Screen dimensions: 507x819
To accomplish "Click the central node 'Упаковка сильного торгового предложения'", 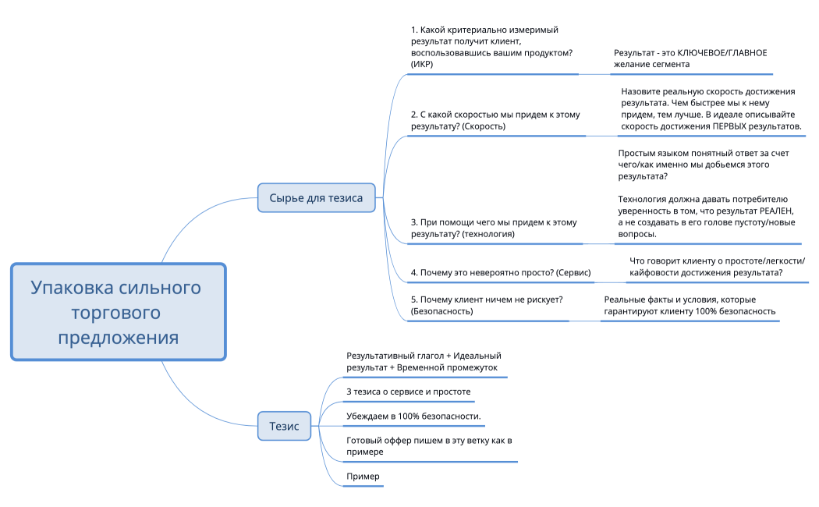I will [117, 312].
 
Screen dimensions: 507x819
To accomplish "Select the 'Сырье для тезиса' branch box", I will [316, 198].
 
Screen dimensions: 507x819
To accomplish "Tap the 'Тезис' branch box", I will [284, 426].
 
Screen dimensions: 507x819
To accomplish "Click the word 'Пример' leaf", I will [363, 476].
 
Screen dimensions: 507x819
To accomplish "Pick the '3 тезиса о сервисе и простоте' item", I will [408, 391].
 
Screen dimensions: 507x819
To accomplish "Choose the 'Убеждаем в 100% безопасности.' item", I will [413, 416].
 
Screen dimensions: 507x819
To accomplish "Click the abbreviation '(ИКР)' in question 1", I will [422, 64].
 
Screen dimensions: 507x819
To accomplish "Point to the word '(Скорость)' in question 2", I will [484, 126].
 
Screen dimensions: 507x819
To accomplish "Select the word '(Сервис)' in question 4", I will [573, 273].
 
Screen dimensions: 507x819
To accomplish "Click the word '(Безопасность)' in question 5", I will [441, 311].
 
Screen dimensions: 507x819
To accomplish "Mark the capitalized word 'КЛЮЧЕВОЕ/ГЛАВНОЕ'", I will [722, 53].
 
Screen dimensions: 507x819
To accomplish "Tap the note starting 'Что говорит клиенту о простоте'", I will [716, 266].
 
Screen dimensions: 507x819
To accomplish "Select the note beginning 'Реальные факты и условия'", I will [690, 305].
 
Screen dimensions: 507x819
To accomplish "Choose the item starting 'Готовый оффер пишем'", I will [428, 446].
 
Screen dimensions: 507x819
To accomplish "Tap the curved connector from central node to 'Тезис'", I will [203, 406].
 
